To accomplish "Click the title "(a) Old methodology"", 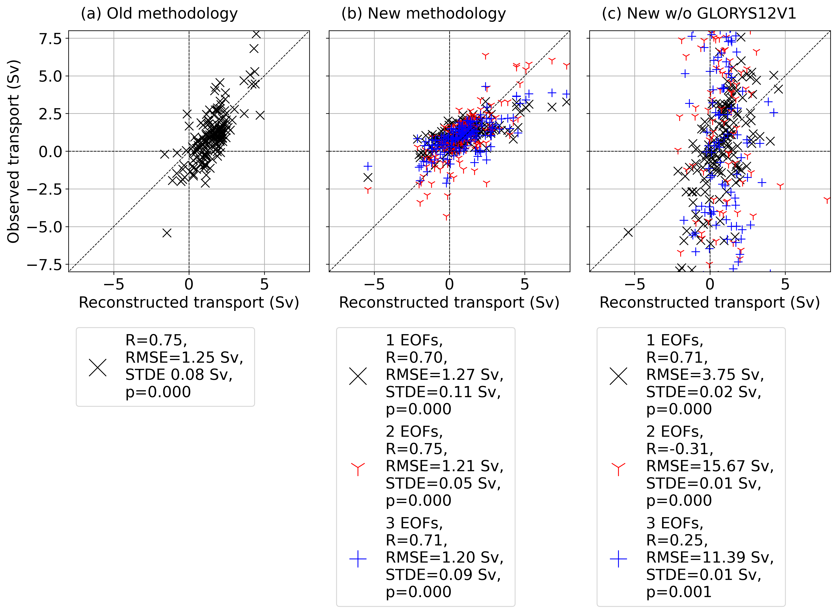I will [x=159, y=14].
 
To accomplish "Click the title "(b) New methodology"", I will [x=423, y=14].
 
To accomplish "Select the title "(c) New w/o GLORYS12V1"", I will [x=699, y=14].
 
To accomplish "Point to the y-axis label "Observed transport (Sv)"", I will [x=13, y=151].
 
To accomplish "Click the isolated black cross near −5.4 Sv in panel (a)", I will [x=167, y=233].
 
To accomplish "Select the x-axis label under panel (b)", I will [x=449, y=303].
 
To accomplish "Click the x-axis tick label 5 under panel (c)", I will [x=785, y=285].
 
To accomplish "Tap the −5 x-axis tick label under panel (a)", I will [x=114, y=285].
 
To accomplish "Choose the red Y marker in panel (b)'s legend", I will [x=358, y=469].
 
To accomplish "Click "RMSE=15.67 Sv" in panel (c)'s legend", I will [x=710, y=466].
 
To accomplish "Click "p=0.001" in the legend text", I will [x=679, y=592].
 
